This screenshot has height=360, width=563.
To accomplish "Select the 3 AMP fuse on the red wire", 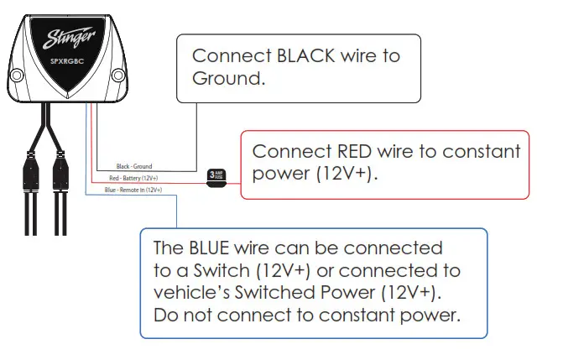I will click(216, 177).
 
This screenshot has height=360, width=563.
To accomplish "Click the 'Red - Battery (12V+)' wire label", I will click(133, 179).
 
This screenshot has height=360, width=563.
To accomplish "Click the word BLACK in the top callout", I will click(300, 56).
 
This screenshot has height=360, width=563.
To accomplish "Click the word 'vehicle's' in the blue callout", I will click(190, 293).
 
